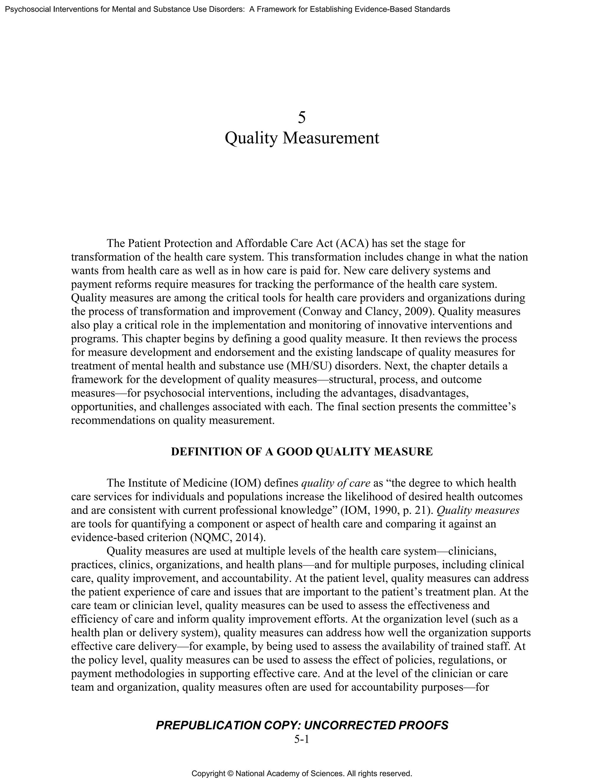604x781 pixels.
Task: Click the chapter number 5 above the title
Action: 302,118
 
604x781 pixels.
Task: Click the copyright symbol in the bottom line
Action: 230,774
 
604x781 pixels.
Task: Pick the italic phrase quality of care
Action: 336,483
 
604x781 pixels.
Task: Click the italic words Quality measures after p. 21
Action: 478,510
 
